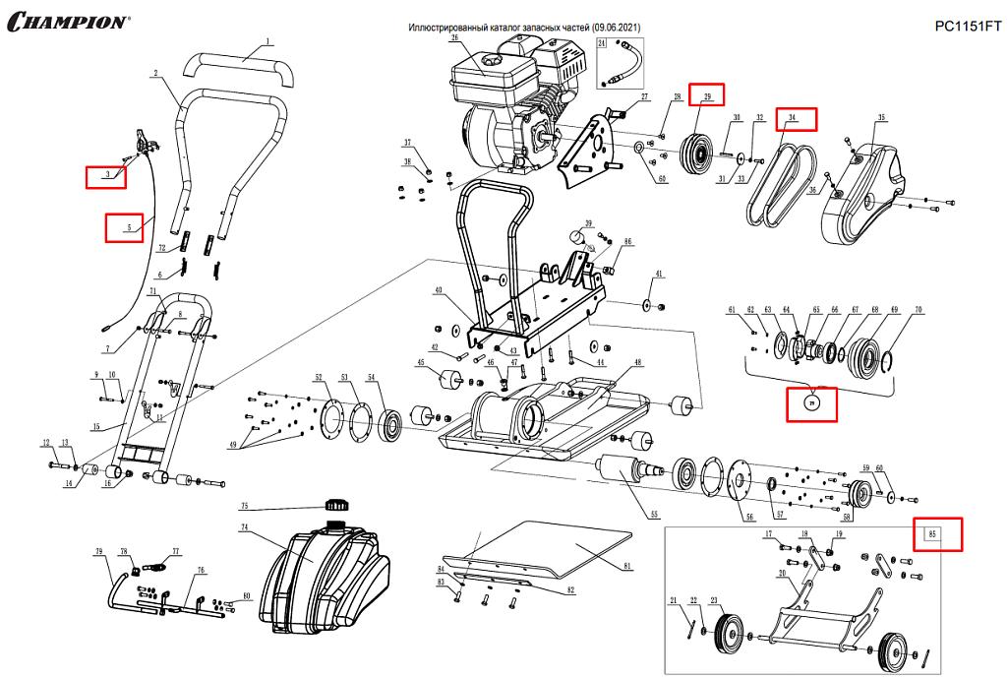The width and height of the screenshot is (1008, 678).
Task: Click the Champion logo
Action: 67,21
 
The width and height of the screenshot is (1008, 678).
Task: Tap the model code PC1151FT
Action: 967,27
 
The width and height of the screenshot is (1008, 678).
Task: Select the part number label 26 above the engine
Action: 455,38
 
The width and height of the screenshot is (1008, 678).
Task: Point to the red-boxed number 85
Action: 937,534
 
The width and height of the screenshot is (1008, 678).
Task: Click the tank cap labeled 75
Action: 338,507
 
